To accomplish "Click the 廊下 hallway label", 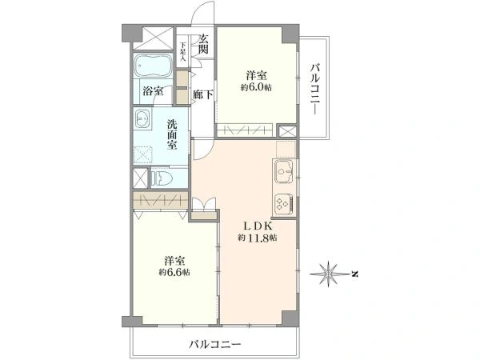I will tap(203, 94).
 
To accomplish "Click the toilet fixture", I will tap(161, 178).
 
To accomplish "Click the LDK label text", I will tap(256, 225).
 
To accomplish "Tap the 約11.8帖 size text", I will tap(256, 238).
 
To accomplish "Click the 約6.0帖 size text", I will tap(256, 88).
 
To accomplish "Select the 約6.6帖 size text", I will tap(174, 273).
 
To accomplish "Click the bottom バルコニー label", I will tap(215, 345).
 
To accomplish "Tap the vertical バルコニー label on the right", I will tap(317, 87).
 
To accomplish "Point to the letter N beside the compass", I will tap(354, 275).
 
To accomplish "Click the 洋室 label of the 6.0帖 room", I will tap(256, 75).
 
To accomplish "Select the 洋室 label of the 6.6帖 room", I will tap(174, 261).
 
